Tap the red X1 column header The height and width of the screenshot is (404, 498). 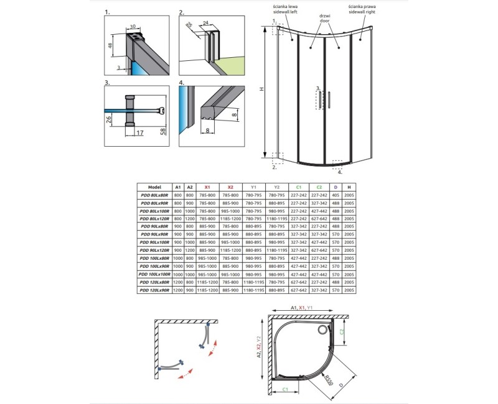coord(208,186)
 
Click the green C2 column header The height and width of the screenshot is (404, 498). coord(319,186)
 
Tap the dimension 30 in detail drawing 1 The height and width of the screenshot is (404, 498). coord(133,27)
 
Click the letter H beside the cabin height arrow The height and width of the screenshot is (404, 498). coord(262,89)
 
